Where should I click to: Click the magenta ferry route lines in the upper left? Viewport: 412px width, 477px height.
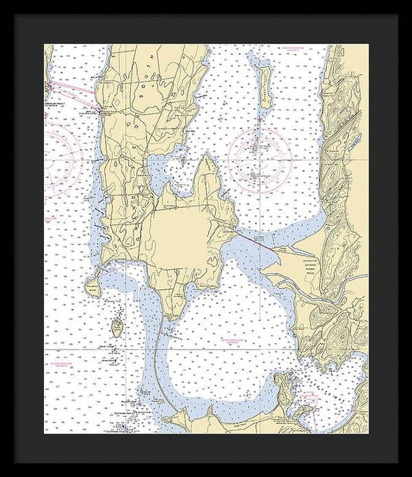pyautogui.click(x=73, y=94)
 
